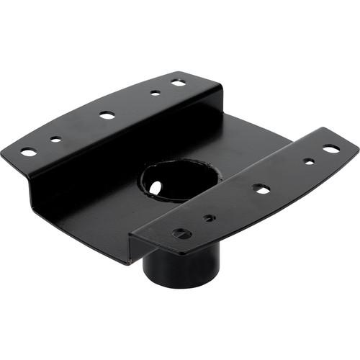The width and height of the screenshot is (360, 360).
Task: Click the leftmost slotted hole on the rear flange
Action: pos(28,152)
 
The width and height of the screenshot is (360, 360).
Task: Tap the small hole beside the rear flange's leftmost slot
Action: pos(55,139)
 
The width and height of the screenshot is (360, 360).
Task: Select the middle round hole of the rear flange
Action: pos(107,114)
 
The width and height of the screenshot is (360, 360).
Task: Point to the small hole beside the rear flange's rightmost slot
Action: pos(155,92)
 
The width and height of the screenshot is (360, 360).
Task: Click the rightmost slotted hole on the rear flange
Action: pos(178,83)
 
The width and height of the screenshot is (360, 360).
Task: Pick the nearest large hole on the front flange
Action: pos(182,233)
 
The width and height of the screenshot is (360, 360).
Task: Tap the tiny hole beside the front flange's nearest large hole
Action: pos(208,217)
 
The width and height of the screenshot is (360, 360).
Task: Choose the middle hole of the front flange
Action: pos(261,189)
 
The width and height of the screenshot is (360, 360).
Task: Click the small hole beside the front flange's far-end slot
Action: pos(309,161)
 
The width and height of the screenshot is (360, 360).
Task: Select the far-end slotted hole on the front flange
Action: pos(331,149)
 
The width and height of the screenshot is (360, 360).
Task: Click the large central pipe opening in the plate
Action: pos(176,180)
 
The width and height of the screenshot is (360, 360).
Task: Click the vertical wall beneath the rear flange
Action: pos(86,173)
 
